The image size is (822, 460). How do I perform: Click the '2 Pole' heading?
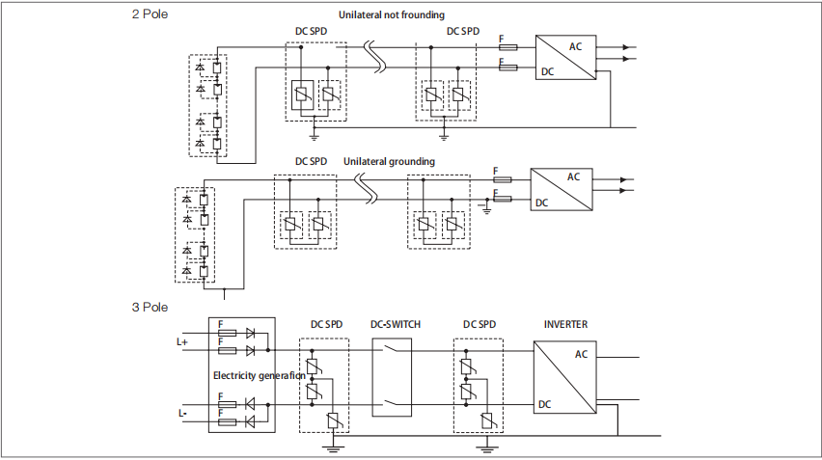[150, 14]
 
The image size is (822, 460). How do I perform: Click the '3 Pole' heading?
[150, 307]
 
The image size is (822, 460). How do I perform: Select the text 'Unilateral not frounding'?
[392, 14]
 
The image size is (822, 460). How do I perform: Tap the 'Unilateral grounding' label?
[389, 161]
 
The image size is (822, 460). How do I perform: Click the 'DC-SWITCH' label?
[396, 324]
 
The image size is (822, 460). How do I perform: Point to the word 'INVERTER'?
[565, 324]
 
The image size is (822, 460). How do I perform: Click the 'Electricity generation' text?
[259, 376]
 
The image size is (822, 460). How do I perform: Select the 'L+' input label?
[182, 342]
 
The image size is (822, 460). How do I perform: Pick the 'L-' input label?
[182, 414]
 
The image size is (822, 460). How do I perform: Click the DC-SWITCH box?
[392, 377]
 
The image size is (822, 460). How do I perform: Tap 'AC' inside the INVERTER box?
[581, 354]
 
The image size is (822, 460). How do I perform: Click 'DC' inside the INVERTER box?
[545, 404]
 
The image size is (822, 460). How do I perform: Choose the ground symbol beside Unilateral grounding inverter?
[487, 207]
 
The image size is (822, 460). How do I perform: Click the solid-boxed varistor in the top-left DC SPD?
[302, 95]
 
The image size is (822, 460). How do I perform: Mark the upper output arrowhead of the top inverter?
[625, 47]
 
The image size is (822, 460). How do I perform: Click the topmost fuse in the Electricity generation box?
[227, 334]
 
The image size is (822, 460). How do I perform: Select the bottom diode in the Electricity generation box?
[250, 421]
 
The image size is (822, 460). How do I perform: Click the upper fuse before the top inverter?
[508, 47]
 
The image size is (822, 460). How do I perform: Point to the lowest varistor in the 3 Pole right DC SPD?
[487, 420]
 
